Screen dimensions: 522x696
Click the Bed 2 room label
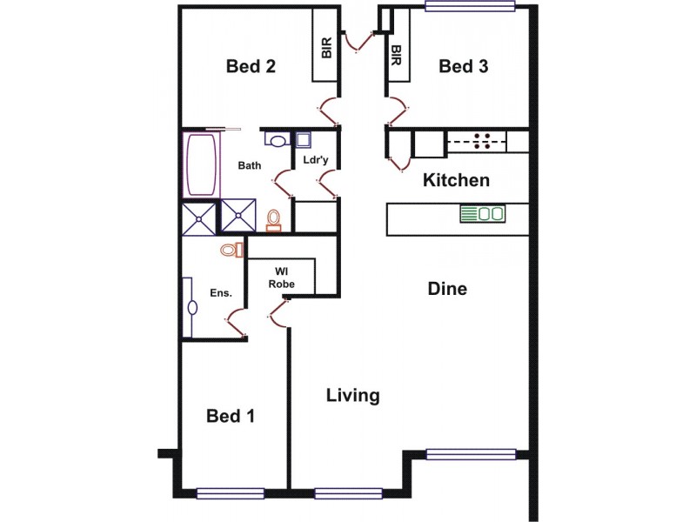pos(251,67)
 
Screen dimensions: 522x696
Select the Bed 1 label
pos(231,416)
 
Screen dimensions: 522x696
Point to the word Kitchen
pos(456,181)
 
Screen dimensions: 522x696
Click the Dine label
pos(447,289)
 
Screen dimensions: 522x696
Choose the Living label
pos(352,396)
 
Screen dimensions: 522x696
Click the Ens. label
pos(221,293)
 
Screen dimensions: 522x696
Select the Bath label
pos(250,164)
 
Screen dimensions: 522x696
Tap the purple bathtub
pos(200,165)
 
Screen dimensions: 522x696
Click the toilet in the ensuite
pos(230,251)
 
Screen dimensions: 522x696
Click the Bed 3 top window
pos(470,8)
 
